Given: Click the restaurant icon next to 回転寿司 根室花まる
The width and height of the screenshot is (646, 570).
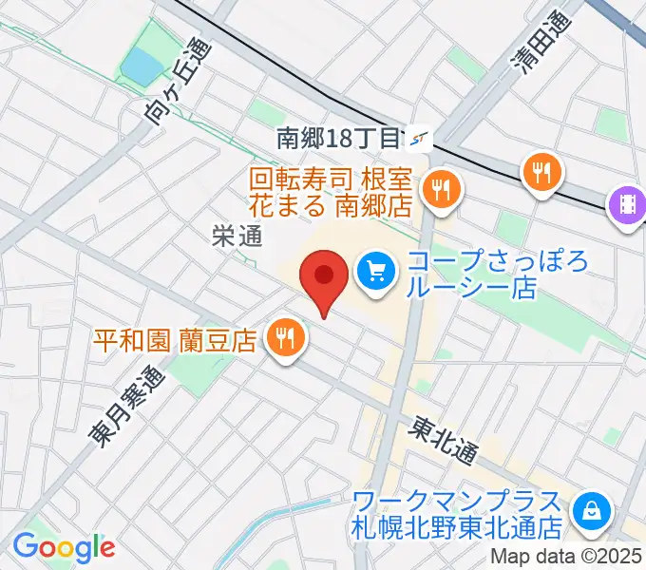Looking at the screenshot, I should (x=441, y=187).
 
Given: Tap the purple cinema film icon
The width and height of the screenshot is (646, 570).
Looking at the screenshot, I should (x=629, y=203).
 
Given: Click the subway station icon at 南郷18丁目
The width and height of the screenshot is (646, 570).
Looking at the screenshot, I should (x=419, y=140).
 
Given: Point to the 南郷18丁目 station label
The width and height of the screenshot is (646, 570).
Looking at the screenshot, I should (x=338, y=139).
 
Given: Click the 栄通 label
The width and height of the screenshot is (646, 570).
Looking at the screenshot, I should (x=237, y=237).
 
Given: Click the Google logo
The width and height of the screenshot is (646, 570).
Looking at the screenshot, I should (x=64, y=547).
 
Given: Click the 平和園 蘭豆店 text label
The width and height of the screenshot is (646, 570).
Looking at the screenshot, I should (x=176, y=339).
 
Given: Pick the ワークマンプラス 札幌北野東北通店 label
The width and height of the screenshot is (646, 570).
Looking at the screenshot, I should (x=458, y=512).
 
